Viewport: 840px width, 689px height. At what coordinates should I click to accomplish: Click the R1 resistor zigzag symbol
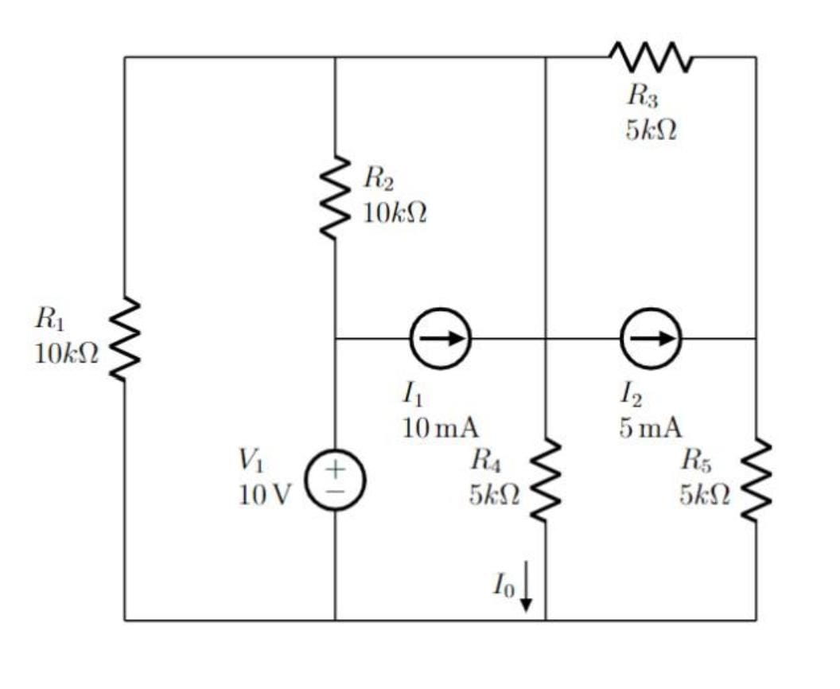click(124, 339)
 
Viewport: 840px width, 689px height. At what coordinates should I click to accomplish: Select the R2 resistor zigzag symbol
click(335, 198)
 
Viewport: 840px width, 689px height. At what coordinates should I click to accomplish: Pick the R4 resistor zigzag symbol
click(546, 480)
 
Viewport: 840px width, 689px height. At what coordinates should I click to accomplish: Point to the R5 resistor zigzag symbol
click(756, 480)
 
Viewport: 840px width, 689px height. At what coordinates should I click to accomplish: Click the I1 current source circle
click(441, 338)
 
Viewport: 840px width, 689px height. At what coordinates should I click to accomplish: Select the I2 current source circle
click(651, 338)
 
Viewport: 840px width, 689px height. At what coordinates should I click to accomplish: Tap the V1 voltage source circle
click(335, 480)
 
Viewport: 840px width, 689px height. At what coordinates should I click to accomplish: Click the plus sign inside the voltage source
click(336, 469)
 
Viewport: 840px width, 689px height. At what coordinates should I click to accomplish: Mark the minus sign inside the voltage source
click(336, 493)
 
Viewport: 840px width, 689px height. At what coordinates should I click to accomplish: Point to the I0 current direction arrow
click(526, 587)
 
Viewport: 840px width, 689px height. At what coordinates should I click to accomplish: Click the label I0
click(503, 586)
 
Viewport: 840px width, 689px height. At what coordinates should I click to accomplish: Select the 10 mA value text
click(441, 428)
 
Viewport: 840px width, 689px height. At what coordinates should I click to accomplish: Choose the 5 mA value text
click(651, 428)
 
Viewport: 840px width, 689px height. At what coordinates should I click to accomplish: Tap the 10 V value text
click(265, 495)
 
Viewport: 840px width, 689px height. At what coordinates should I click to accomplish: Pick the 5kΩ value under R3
click(651, 131)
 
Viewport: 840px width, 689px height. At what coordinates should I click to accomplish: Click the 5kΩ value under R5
click(704, 495)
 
